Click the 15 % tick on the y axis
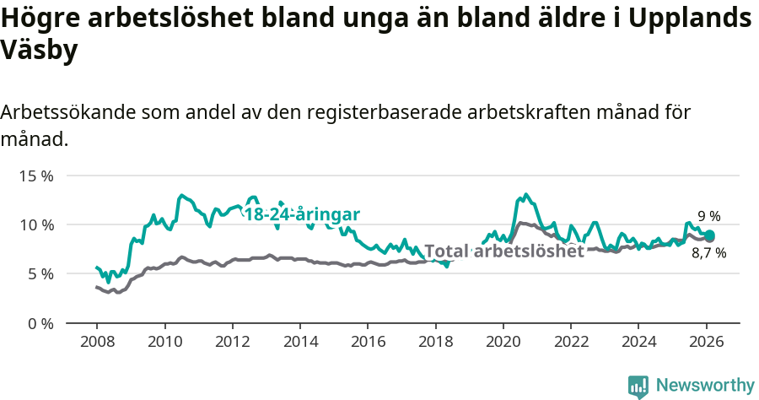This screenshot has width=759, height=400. tap(36, 176)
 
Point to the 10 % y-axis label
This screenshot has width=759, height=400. tap(36, 224)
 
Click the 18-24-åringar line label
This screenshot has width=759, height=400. tap(302, 214)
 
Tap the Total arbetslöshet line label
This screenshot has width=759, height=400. tap(503, 251)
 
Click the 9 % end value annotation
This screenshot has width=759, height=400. tap(709, 216)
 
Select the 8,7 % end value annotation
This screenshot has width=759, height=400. tap(708, 252)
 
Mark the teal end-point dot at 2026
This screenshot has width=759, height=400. tap(710, 235)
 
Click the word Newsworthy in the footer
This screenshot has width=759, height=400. tap(704, 385)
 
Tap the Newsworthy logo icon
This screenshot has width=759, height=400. tap(638, 386)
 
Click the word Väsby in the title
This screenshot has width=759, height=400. tap(40, 50)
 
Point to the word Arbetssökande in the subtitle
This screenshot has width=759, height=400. tap(69, 112)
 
